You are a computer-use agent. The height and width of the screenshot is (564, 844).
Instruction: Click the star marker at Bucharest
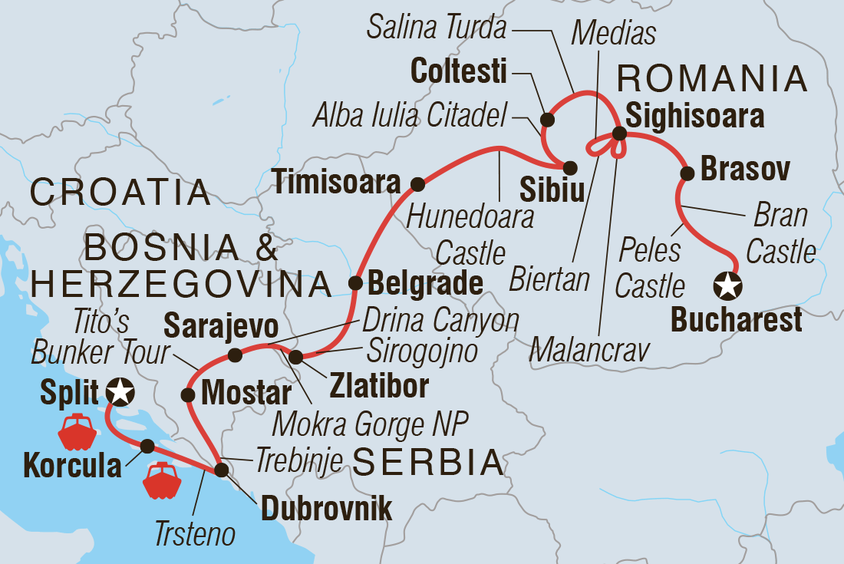pos(727,288)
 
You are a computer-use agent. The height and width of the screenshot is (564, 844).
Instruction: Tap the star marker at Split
pos(120,392)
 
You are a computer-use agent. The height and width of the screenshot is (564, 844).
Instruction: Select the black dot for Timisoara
pos(417,184)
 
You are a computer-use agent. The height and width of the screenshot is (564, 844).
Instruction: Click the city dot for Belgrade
pos(355,282)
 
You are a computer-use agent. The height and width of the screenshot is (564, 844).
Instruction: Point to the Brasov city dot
pos(687,173)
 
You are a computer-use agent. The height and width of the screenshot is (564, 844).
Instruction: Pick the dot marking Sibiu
pos(570,167)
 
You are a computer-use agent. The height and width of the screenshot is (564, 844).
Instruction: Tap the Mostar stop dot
pos(186,394)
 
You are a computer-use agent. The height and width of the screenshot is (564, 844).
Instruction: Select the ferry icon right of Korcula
pos(162,481)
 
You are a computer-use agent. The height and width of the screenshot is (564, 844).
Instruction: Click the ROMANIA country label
pos(713,78)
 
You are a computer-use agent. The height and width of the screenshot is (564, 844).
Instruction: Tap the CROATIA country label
pos(120,192)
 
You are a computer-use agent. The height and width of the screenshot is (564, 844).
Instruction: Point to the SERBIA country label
pos(428,463)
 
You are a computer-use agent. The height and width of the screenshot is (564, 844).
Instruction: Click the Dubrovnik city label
pos(327,508)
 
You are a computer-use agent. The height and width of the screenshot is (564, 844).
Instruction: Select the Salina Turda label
pos(437,28)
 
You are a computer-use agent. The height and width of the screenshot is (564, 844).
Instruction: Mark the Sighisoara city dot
pos(620,134)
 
